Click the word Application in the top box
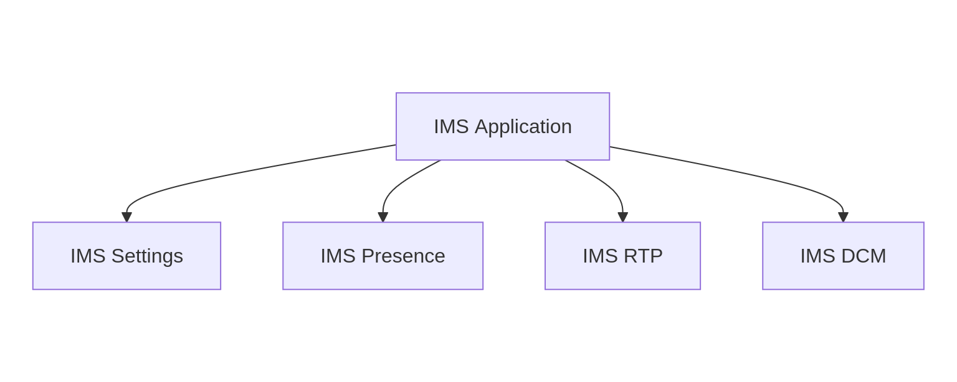pyautogui.click(x=523, y=127)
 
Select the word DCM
pyautogui.click(x=864, y=256)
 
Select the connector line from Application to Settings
pyautogui.click(x=249, y=172)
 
